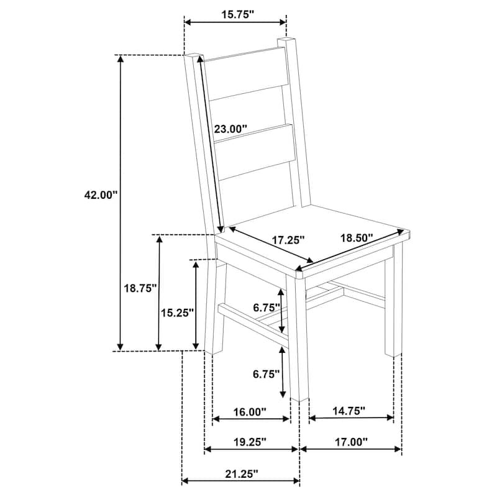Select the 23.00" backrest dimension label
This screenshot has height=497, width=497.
coord(230,129)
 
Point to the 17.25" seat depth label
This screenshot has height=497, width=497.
coord(288,240)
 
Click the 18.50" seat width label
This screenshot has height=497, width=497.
coord(356,237)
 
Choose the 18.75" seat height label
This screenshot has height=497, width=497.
coord(140,288)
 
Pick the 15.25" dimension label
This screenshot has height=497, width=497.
coord(177,313)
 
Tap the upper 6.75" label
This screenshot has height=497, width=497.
coord(267,307)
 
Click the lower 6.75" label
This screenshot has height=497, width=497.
coord(267,374)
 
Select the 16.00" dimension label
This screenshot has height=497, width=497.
coord(250,412)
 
